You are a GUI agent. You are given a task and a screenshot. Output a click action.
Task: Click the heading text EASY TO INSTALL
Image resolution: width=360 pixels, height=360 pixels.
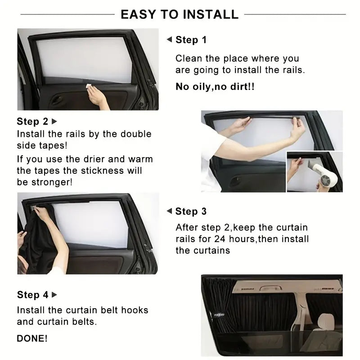180,14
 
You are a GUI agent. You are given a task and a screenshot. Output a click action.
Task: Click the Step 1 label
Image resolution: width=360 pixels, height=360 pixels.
191,40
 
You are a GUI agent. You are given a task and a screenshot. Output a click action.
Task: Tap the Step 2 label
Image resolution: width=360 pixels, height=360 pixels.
32,121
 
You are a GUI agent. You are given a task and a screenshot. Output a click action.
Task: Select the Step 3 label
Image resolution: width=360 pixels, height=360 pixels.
191,211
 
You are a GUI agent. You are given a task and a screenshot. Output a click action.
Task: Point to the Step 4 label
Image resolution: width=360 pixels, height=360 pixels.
32,295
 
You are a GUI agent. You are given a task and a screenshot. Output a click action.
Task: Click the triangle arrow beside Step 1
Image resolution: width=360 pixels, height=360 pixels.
169,40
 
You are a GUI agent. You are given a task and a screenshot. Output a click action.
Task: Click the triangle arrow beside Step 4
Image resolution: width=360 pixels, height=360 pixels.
54,295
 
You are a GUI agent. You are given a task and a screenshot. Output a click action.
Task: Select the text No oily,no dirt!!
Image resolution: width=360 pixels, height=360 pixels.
215,86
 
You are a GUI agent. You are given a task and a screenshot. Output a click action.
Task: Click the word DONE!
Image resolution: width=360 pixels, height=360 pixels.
32,338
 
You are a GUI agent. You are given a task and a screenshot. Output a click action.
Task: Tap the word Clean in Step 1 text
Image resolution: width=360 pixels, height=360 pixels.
188,58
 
